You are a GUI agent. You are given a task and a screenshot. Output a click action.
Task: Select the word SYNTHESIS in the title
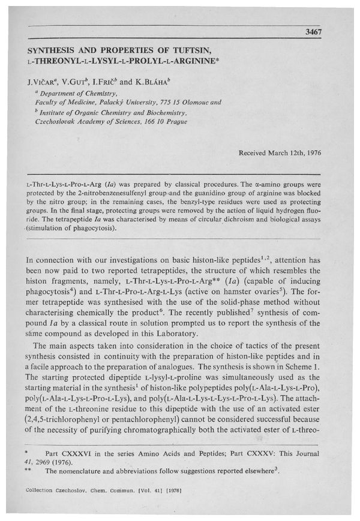point(55,51)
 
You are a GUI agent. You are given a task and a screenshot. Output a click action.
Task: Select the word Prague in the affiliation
point(175,121)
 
